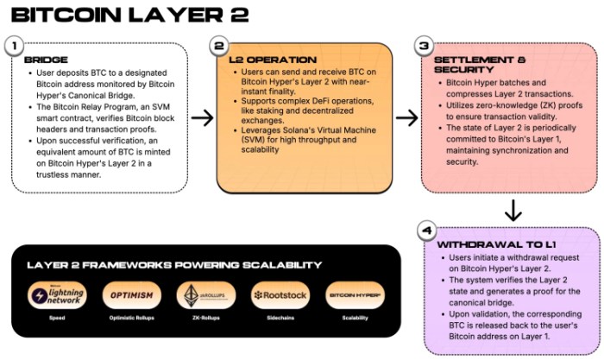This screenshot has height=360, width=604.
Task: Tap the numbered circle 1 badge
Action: point(14,45)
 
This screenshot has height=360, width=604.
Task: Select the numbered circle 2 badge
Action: point(219,45)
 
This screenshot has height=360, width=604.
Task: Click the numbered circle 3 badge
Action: point(423,45)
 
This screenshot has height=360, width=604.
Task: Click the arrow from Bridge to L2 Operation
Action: point(202,117)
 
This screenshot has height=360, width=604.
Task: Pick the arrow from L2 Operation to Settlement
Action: point(406,117)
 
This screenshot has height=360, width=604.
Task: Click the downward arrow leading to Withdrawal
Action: point(512,210)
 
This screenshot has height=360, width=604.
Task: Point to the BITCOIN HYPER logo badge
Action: point(354,296)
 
